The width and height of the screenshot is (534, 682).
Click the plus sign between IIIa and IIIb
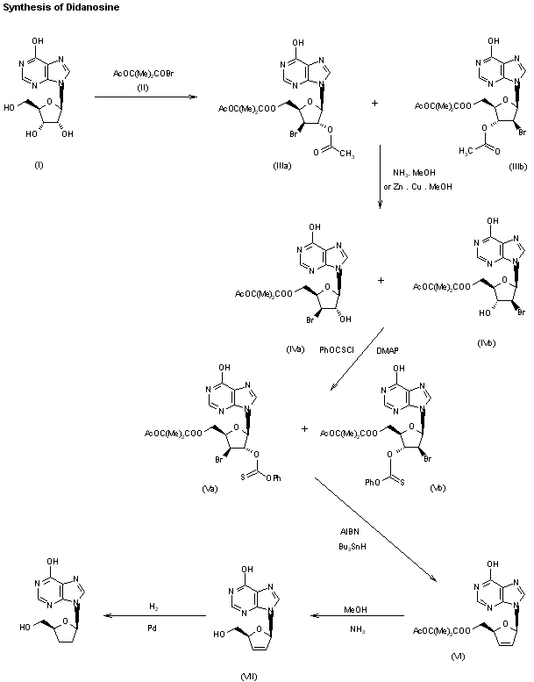click(375, 103)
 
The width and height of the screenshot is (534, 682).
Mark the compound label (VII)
click(246, 673)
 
